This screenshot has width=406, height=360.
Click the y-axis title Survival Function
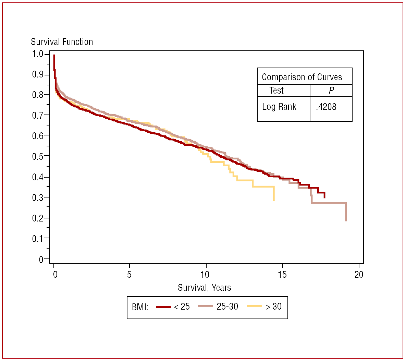click(62, 42)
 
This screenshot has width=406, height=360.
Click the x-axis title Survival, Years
click(204, 287)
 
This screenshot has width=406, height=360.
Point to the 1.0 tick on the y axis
click(38, 54)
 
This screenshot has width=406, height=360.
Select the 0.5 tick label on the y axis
click(38, 156)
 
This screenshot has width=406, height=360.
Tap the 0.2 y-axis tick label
click(38, 218)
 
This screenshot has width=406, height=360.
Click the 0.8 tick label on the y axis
click(38, 95)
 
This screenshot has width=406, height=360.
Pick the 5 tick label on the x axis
click(129, 275)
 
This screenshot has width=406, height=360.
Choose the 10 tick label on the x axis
click(205, 275)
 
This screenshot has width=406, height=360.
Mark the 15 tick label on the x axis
click(282, 275)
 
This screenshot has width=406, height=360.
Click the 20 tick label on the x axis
click(359, 275)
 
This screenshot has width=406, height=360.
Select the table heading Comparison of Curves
click(302, 77)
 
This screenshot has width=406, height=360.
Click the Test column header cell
click(276, 91)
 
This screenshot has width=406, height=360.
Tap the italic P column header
click(331, 91)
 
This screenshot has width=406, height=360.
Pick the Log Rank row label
click(279, 107)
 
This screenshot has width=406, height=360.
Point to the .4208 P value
click(326, 107)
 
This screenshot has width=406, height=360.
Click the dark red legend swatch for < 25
click(163, 307)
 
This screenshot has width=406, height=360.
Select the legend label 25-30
click(227, 307)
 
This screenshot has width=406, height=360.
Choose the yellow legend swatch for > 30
click(254, 307)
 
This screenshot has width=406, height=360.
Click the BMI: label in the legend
click(140, 307)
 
